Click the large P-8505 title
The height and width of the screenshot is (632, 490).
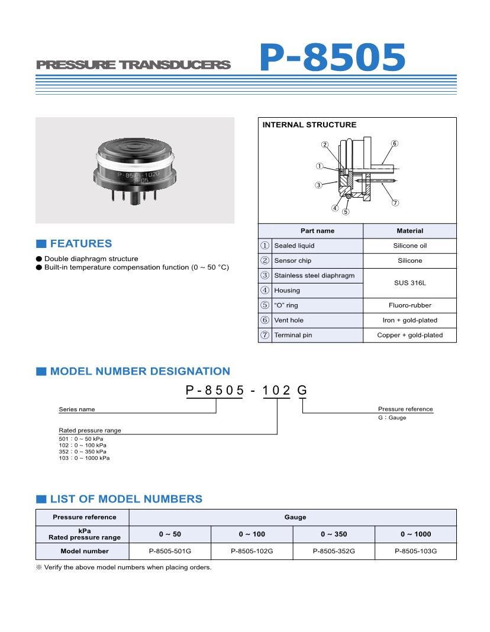[333, 59]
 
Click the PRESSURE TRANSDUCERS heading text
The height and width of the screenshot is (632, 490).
[133, 65]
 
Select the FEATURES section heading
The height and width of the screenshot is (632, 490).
[80, 244]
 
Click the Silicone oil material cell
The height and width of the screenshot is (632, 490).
[410, 246]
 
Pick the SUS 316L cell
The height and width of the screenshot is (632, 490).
[410, 283]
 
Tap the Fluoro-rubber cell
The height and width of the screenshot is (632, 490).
[410, 305]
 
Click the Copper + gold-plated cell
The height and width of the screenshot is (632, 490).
[410, 335]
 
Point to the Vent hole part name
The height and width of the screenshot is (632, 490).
[289, 320]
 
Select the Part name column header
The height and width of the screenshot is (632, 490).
[317, 231]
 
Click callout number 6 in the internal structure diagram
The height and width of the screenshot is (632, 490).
[395, 144]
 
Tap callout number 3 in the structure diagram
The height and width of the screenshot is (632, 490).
[318, 185]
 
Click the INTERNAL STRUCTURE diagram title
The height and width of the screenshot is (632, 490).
[310, 125]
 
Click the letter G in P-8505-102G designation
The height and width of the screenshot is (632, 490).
[302, 390]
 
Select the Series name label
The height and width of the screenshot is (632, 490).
[77, 409]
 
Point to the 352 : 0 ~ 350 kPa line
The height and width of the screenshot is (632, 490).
[83, 452]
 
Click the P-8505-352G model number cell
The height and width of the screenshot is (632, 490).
[334, 551]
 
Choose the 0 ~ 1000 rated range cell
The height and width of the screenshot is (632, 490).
[415, 534]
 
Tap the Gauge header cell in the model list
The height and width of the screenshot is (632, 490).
[295, 517]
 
